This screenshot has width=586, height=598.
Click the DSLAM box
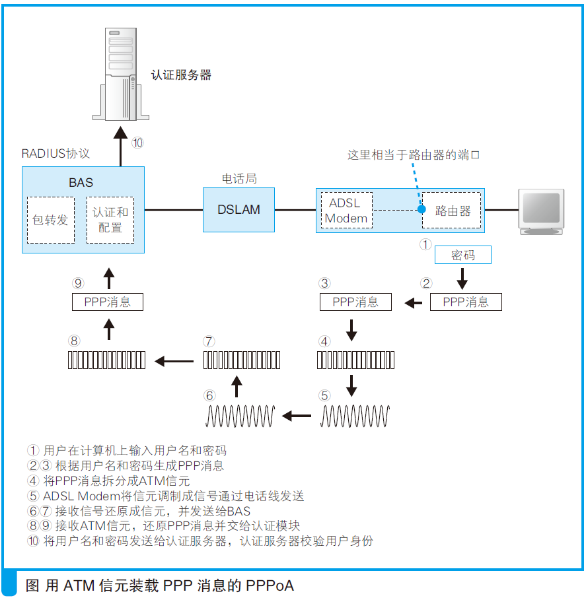(238, 210)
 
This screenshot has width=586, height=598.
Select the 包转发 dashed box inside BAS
(51, 220)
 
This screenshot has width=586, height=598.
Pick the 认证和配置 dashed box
(110, 220)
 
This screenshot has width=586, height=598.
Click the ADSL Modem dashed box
(346, 211)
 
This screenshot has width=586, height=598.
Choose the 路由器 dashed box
(452, 211)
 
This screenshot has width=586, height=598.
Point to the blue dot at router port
(421, 210)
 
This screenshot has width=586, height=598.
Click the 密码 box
(462, 255)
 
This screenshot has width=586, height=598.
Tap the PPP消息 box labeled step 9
(107, 302)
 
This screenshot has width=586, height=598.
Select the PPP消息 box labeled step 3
(355, 302)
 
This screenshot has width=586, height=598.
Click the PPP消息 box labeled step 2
(466, 302)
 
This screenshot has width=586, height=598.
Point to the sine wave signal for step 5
(355, 416)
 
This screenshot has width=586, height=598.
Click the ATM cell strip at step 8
(107, 360)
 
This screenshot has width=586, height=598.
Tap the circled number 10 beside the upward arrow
(137, 143)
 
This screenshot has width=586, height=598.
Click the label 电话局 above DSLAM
(238, 179)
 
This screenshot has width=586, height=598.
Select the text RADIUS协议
(55, 154)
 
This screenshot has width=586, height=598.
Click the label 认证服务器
(181, 75)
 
